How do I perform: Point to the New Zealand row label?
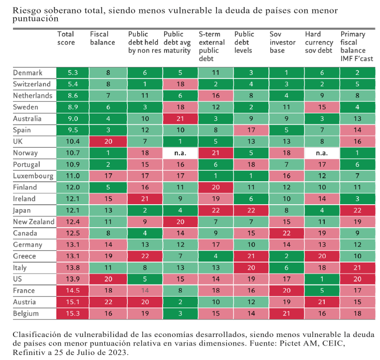coord(33,222)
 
